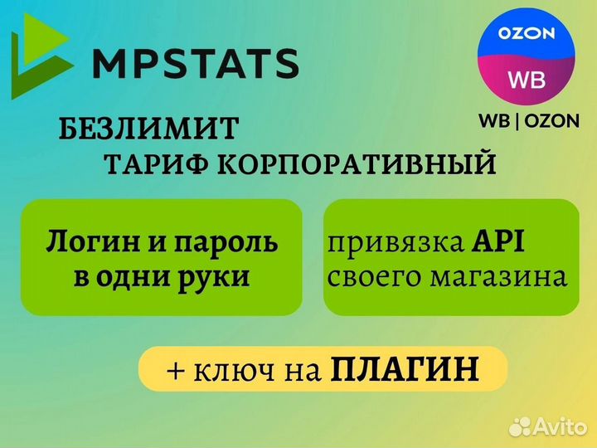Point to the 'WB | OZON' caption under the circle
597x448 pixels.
tap(528, 120)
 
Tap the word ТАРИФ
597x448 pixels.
tap(154, 164)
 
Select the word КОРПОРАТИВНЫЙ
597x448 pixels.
tap(357, 164)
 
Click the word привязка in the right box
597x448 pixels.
tap(395, 242)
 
